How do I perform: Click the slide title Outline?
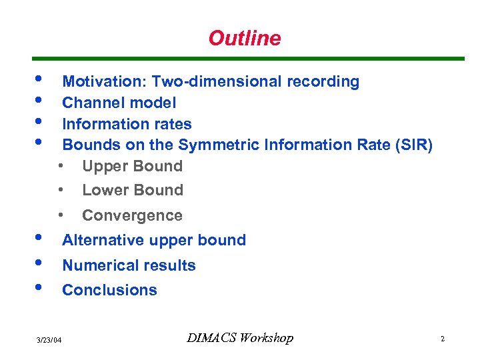(x=245, y=39)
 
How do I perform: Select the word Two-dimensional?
(x=217, y=82)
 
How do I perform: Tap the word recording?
(x=323, y=82)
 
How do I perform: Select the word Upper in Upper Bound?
(x=103, y=167)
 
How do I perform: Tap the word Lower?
(x=104, y=191)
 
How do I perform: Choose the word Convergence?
(x=132, y=216)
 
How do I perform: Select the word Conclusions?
(x=109, y=291)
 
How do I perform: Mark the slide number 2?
(x=442, y=339)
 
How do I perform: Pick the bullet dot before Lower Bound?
(x=61, y=190)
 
